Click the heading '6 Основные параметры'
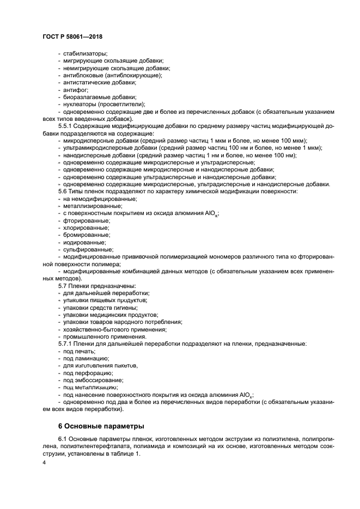coord(101,425)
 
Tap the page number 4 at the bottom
coord(44,462)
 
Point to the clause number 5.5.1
coord(68,126)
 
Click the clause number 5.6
coord(64,192)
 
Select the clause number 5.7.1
coord(68,344)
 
